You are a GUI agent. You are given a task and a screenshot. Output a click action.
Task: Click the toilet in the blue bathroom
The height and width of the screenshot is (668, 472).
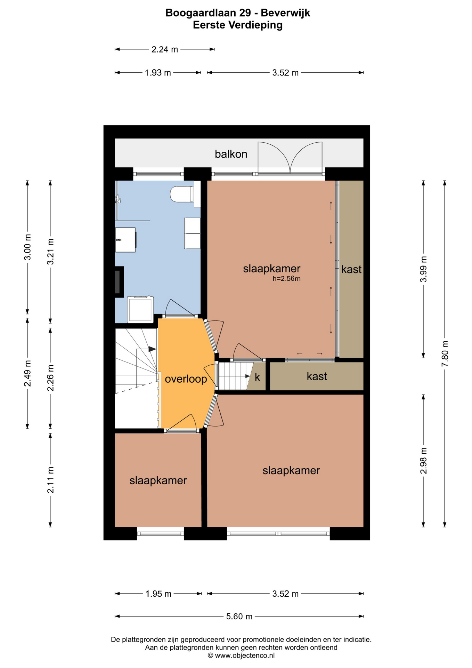coord(182,194)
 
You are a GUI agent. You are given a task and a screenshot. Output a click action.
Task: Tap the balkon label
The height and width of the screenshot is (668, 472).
coord(231,154)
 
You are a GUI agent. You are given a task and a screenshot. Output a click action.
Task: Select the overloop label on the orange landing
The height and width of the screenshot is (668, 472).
coord(186,379)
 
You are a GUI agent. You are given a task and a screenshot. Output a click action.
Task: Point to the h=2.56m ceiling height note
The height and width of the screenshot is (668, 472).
coord(286,278)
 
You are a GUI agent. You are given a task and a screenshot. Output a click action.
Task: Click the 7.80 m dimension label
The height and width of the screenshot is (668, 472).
coord(445,353)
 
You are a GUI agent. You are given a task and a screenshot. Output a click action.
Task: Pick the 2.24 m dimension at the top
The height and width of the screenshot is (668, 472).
coord(164,49)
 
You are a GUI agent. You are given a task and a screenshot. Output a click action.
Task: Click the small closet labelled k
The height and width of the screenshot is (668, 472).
coord(257,377)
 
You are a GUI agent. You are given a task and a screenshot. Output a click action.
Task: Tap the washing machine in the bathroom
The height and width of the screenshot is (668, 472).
coord(140,309)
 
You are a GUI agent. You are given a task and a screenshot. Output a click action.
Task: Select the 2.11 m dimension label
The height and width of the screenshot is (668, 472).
coord(50,480)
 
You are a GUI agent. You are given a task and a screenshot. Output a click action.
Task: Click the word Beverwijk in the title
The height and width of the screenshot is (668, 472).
coord(285,13)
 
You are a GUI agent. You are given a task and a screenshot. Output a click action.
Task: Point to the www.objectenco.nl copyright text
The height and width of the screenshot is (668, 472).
coord(241,655)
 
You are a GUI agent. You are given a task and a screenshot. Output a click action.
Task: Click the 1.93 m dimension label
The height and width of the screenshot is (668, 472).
coord(158,73)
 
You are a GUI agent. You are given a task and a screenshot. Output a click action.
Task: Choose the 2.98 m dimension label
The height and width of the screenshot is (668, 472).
coord(423,461)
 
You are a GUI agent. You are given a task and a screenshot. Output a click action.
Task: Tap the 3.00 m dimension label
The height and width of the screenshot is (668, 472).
coord(28,247)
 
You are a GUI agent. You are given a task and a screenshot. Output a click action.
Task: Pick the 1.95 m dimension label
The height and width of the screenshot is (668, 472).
coord(158,594)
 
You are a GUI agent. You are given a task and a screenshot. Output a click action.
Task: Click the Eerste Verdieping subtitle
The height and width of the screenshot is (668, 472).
coord(238,25)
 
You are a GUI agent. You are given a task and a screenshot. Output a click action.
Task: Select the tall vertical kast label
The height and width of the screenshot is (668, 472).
coord(351,269)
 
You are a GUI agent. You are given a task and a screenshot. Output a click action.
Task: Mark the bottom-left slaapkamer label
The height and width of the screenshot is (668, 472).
coord(158,480)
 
